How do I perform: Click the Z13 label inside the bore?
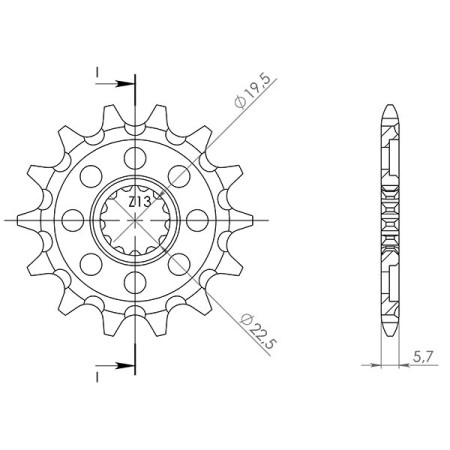139,203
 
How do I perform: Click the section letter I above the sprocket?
96,72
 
